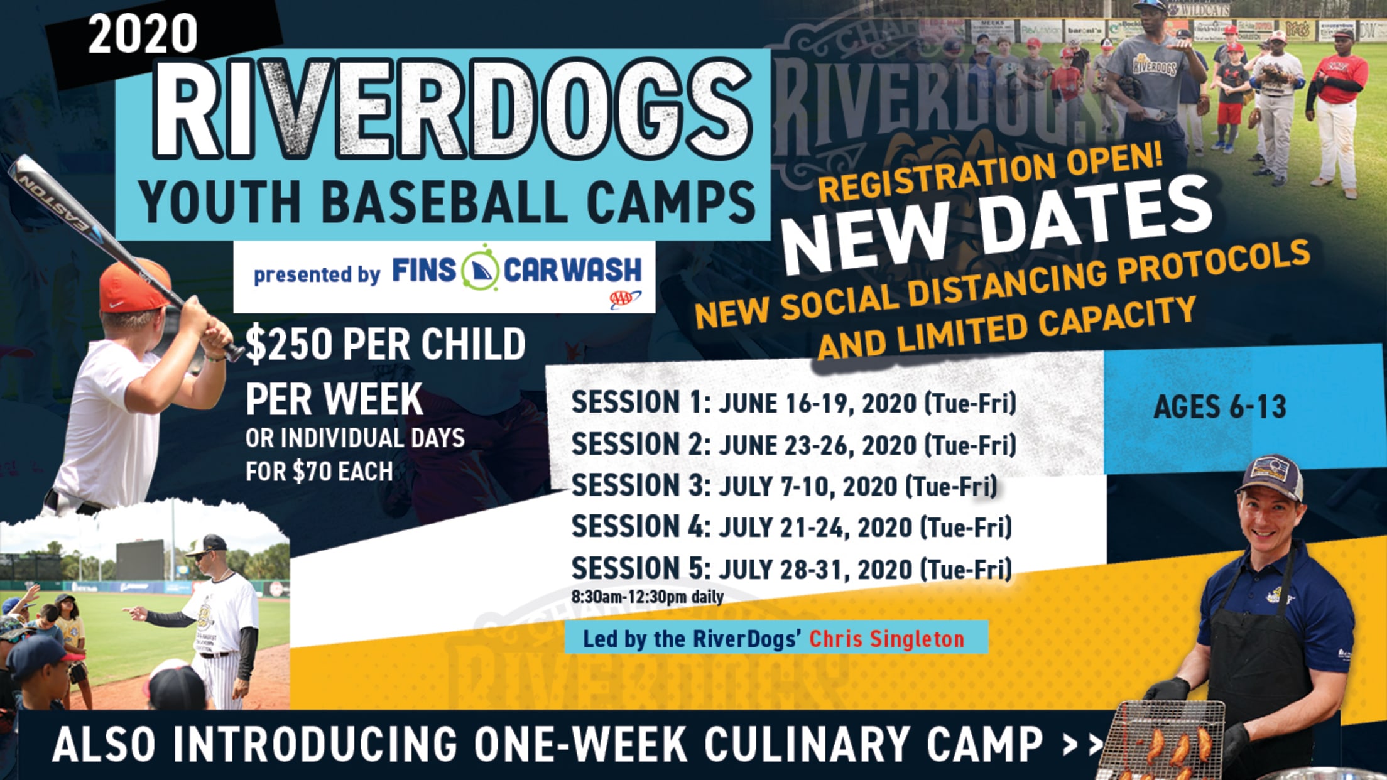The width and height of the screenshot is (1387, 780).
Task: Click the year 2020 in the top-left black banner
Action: click(x=143, y=34)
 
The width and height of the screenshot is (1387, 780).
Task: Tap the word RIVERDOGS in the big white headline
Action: click(x=452, y=109)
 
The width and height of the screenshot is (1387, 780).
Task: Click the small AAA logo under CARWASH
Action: click(x=624, y=300)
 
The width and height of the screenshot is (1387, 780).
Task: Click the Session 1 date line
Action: click(x=793, y=403)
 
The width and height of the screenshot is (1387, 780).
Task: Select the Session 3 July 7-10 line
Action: click(x=784, y=486)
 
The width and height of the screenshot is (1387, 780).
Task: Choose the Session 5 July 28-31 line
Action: click(x=791, y=569)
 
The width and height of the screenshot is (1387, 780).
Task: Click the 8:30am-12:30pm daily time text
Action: click(x=647, y=597)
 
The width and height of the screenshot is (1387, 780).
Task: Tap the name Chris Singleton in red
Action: click(x=886, y=639)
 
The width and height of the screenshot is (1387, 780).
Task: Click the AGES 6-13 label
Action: click(x=1220, y=407)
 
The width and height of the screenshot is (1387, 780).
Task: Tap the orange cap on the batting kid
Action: click(x=133, y=286)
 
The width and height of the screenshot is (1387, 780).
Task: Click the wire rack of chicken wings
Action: click(x=1162, y=741)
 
